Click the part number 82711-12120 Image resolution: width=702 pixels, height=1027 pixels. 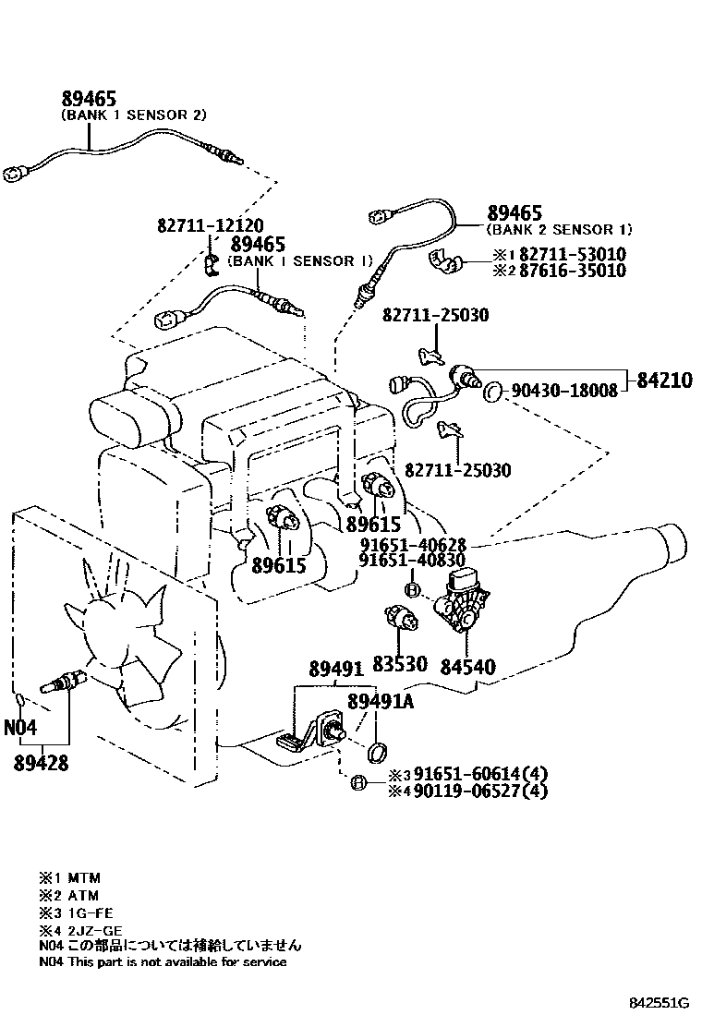click(210, 225)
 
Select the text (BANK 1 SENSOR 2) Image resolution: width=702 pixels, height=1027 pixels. click(133, 115)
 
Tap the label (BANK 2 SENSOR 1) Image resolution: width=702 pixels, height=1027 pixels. click(560, 229)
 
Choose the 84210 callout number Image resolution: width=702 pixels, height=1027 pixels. click(662, 380)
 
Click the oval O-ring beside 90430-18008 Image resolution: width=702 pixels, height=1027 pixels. click(494, 391)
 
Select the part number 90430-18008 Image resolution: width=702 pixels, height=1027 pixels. click(563, 391)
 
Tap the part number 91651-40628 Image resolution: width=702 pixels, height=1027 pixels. click(413, 545)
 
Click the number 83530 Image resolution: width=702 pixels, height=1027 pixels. click(399, 665)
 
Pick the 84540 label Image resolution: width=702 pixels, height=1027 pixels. click(467, 665)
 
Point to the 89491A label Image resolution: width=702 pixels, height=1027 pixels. click(381, 702)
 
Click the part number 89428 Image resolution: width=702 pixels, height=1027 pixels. click(41, 763)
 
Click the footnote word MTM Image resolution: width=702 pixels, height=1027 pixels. click(82, 877)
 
